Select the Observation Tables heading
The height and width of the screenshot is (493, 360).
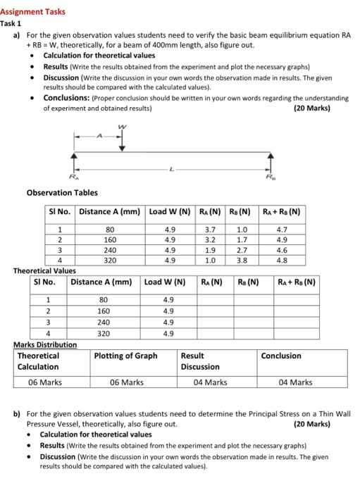[62, 192]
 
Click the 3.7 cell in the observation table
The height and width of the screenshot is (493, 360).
[200, 228]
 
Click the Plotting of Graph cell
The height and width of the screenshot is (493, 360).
[126, 356]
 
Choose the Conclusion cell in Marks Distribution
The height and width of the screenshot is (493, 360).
[281, 356]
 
